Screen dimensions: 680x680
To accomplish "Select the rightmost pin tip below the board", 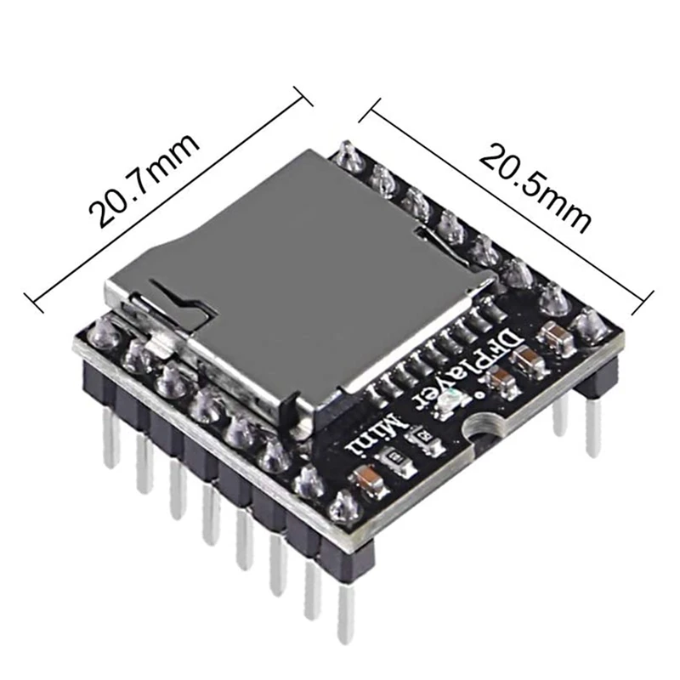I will pos(593,429).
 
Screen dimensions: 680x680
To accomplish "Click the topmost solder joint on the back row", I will pos(348,156).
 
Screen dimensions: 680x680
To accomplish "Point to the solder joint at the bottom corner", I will pos(342,507).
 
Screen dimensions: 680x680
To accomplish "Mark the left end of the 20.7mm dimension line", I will pos(31,299).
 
